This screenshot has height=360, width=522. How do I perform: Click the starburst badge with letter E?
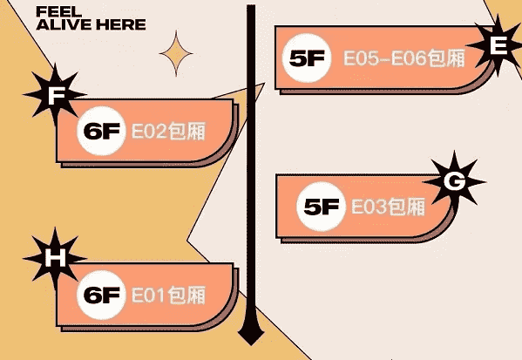(x=498, y=45)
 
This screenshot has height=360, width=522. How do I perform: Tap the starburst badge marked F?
(x=55, y=95)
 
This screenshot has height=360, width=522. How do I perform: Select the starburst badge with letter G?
(x=454, y=182)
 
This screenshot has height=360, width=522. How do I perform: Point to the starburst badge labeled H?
(x=55, y=258)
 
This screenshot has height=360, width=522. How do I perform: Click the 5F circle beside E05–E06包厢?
(x=307, y=58)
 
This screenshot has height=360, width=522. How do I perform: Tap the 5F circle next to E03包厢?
(x=321, y=207)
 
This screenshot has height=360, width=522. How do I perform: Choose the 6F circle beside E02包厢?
(x=102, y=131)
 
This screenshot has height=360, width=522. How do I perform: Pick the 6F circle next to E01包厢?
(x=102, y=295)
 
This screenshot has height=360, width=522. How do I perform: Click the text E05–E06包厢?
(x=404, y=58)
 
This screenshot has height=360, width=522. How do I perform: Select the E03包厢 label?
(x=388, y=207)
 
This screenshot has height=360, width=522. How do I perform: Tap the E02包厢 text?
(x=168, y=132)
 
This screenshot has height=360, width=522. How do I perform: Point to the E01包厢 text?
(x=168, y=295)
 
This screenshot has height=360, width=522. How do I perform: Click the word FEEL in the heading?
(x=58, y=11)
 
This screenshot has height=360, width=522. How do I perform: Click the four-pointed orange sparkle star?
(x=176, y=53)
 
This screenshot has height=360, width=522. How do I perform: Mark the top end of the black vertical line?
(x=251, y=5)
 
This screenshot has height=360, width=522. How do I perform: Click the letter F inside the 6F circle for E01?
(x=111, y=295)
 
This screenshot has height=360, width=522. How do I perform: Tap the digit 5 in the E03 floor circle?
(x=312, y=207)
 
